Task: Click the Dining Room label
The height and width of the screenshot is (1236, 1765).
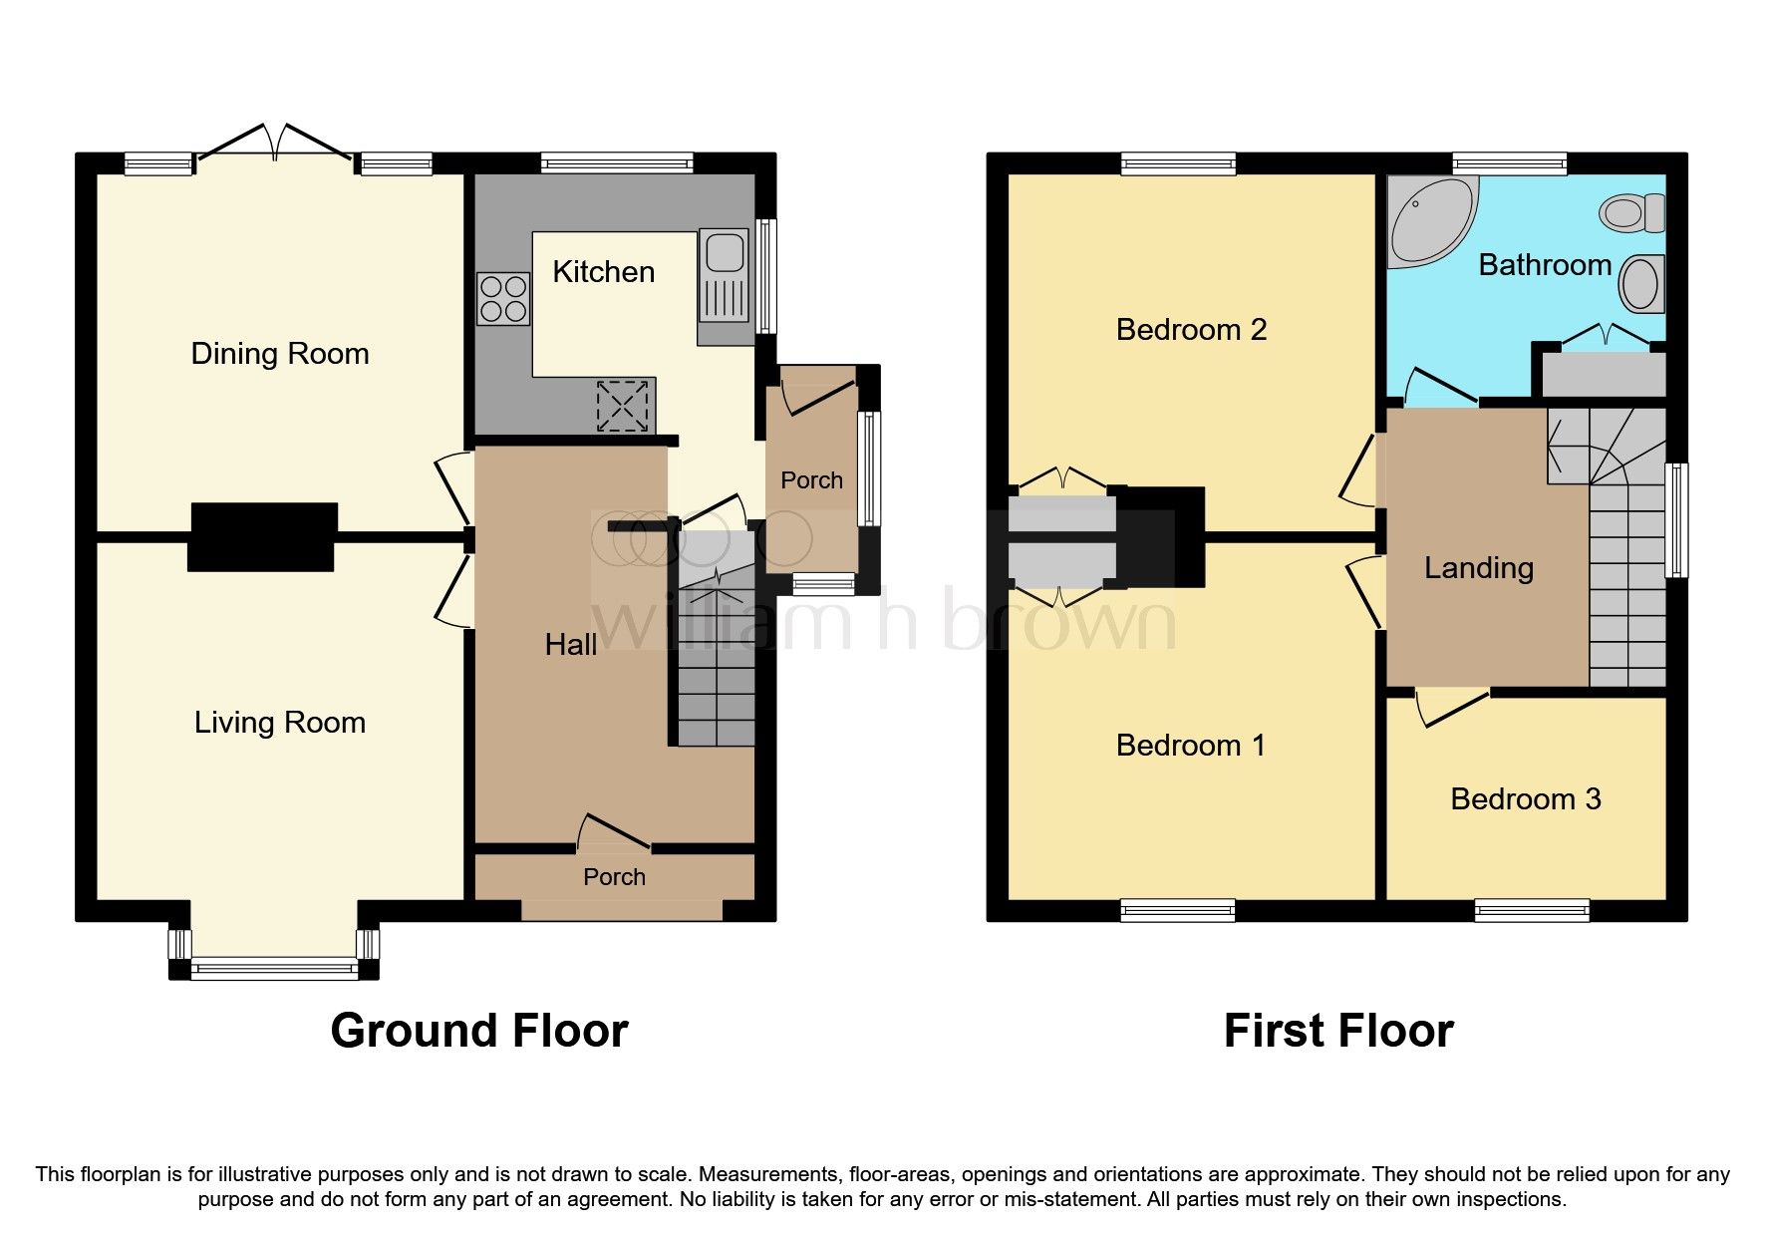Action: [x=280, y=354]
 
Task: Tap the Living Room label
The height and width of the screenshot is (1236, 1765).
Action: [x=280, y=723]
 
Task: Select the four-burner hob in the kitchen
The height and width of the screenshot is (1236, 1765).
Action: [x=503, y=299]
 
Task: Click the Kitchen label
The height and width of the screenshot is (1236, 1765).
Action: [x=603, y=272]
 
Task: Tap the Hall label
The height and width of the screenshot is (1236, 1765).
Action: [x=571, y=645]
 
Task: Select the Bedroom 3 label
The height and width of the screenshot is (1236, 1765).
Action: [x=1525, y=799]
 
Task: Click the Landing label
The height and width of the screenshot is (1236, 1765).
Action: [x=1478, y=568]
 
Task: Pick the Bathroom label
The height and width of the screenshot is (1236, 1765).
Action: [x=1545, y=265]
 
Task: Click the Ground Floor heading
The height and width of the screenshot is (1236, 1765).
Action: [x=479, y=1031]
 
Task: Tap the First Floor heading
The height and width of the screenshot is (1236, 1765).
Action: [x=1338, y=1031]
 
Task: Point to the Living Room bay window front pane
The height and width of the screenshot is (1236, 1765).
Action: [x=273, y=967]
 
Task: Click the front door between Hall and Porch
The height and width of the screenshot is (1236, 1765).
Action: [x=614, y=833]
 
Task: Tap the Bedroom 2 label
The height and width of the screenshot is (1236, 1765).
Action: [x=1191, y=330]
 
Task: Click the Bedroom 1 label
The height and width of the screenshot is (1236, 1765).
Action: [x=1191, y=746]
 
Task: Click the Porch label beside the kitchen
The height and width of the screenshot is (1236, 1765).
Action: [x=811, y=480]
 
